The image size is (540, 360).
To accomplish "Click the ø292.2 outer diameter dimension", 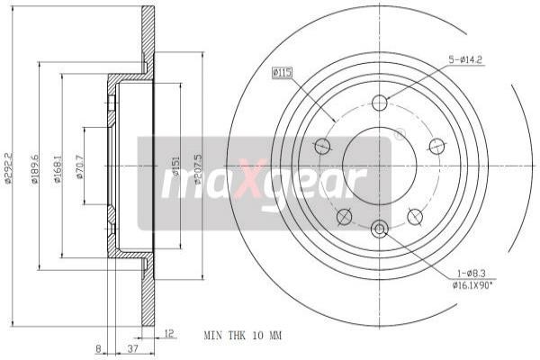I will [x=9, y=166].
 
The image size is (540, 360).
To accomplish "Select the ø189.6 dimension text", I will [x=34, y=166].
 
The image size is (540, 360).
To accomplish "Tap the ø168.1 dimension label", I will [x=57, y=166].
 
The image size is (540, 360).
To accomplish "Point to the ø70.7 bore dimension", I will [x=80, y=166].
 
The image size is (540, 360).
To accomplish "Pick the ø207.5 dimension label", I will [x=198, y=166].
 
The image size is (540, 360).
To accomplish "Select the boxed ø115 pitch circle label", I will [x=283, y=72].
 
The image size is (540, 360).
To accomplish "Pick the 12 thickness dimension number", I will [x=168, y=332].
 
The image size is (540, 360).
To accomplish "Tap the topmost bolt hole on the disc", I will [x=379, y=102].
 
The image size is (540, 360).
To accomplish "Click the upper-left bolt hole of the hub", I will [x=322, y=144].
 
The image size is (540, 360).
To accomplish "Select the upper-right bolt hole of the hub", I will [x=436, y=145].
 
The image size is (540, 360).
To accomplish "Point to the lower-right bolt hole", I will [x=415, y=216].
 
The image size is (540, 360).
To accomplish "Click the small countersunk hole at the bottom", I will [x=379, y=229].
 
